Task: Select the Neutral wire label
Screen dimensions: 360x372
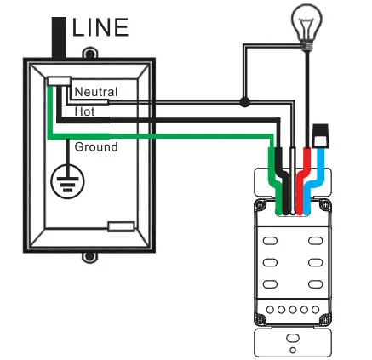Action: tap(95, 91)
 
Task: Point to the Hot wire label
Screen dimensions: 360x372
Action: tap(84, 111)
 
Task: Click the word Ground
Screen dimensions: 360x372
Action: tap(96, 147)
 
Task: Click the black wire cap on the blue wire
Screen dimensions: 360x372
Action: tap(321, 134)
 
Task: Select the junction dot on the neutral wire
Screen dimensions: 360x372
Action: tap(244, 103)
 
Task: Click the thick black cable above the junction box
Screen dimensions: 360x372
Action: tap(59, 35)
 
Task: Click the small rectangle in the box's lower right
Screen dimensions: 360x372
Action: tap(120, 227)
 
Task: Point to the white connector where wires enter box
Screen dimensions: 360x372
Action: tap(59, 81)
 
